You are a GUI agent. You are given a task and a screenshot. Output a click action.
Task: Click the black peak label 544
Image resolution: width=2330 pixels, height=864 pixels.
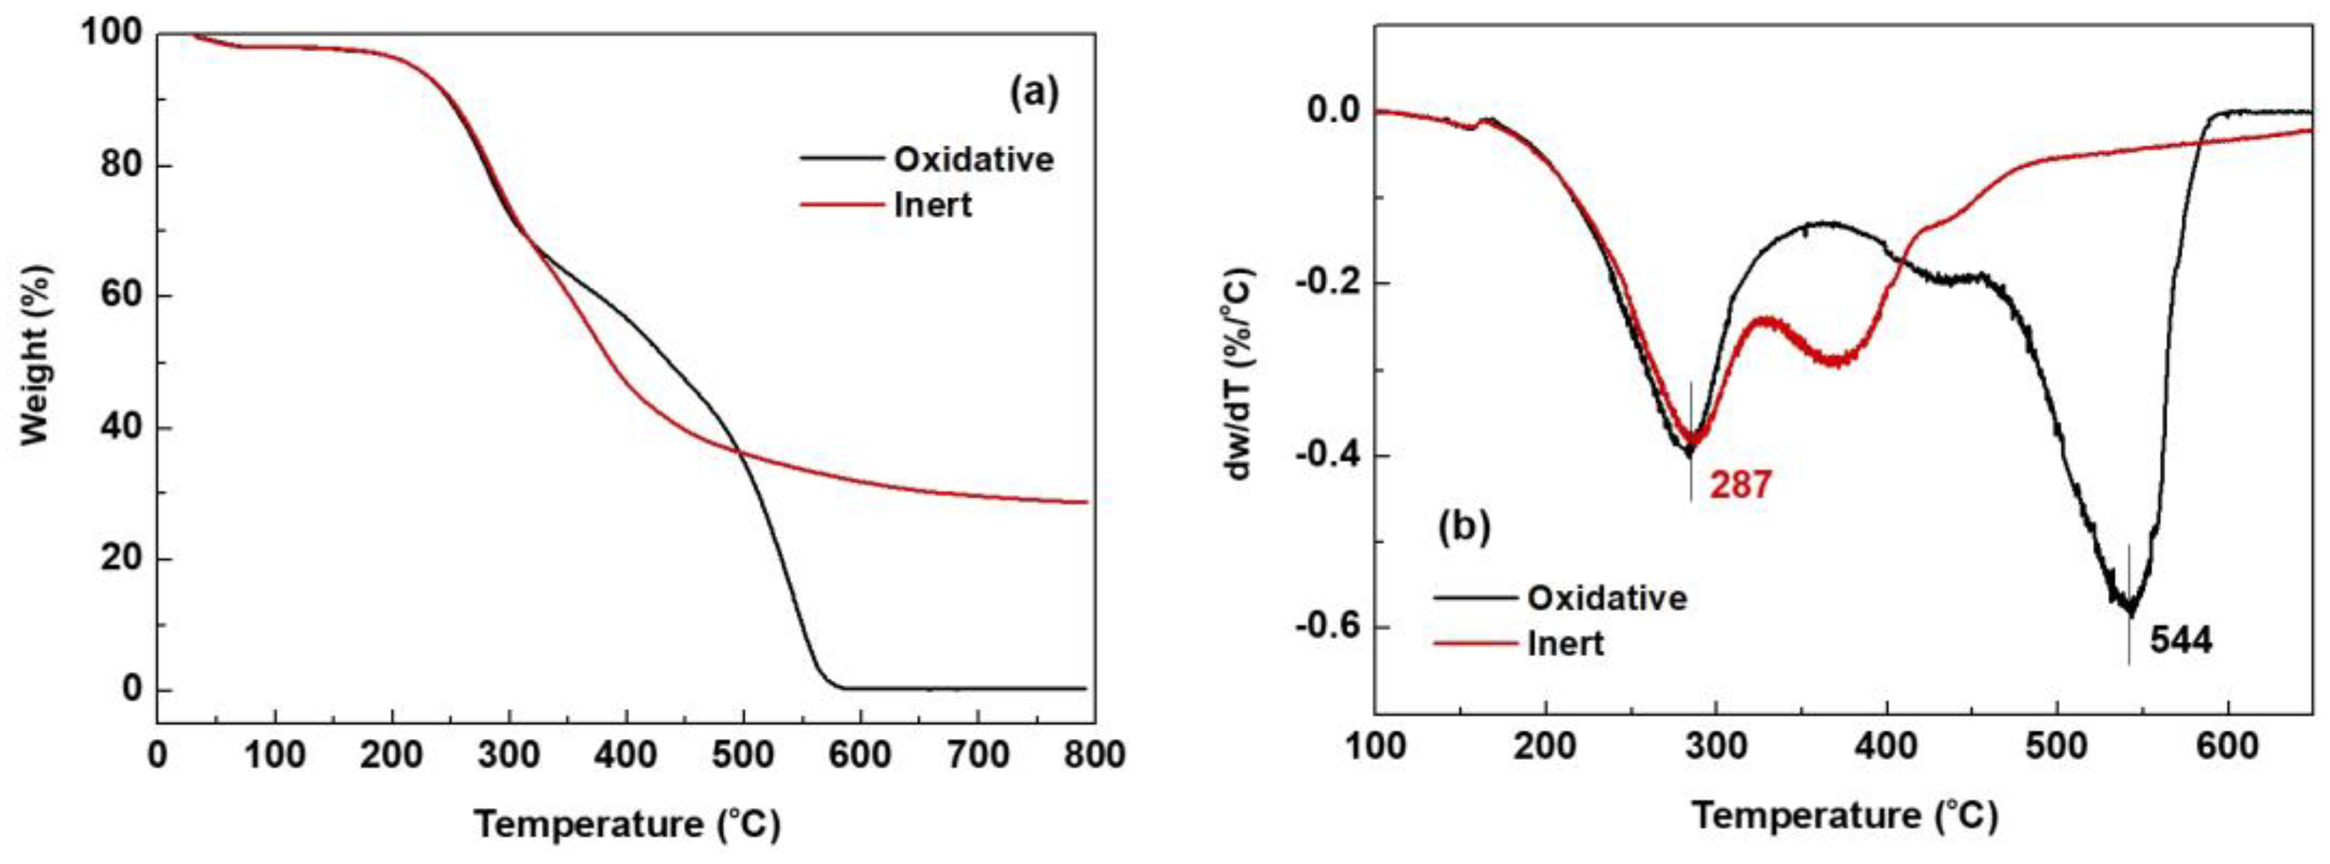click(x=2181, y=640)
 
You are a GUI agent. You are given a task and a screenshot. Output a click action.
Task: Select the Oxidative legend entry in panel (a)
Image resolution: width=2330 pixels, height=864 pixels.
click(x=974, y=160)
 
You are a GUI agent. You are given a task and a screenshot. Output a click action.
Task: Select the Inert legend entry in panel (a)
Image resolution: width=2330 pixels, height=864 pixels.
click(x=933, y=206)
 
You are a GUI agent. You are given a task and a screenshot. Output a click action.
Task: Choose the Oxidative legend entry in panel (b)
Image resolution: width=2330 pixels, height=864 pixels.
click(x=1607, y=598)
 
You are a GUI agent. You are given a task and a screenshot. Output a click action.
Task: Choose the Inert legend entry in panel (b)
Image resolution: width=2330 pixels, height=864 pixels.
click(x=1566, y=643)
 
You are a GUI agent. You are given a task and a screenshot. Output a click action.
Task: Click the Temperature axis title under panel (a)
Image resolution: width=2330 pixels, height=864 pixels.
click(x=626, y=824)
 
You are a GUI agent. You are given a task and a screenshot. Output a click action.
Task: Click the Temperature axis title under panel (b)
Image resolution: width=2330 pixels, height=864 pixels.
click(x=1844, y=815)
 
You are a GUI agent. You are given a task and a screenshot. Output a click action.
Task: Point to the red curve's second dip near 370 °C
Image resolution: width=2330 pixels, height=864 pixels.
click(x=1836, y=360)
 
